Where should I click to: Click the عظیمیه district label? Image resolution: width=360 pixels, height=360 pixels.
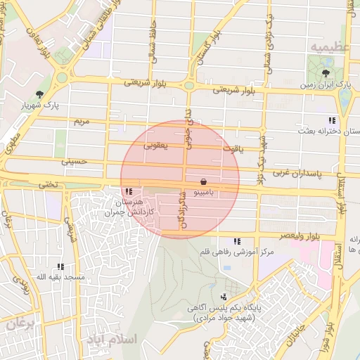330,47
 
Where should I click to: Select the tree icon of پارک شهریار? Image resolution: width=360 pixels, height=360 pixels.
39,94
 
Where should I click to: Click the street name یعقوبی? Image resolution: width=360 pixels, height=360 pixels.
155,146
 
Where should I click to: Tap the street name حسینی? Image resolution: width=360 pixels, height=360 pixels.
75,161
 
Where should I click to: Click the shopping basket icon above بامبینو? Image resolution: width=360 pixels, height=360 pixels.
203,181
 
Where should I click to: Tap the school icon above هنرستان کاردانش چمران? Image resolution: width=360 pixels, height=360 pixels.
127,191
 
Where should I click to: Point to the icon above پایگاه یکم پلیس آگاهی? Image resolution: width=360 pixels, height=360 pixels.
224,297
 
